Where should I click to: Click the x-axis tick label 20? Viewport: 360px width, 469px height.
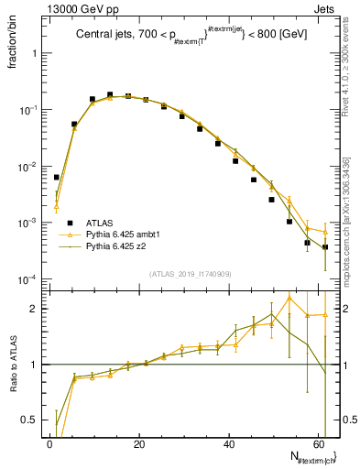[139, 443]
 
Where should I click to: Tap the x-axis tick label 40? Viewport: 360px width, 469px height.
[229, 443]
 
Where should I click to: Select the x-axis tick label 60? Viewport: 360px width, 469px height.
[319, 443]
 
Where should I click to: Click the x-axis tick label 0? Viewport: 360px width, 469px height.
[49, 443]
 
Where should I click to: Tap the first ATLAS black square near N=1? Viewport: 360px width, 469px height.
[56, 178]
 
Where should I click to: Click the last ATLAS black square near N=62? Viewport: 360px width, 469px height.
[325, 247]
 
